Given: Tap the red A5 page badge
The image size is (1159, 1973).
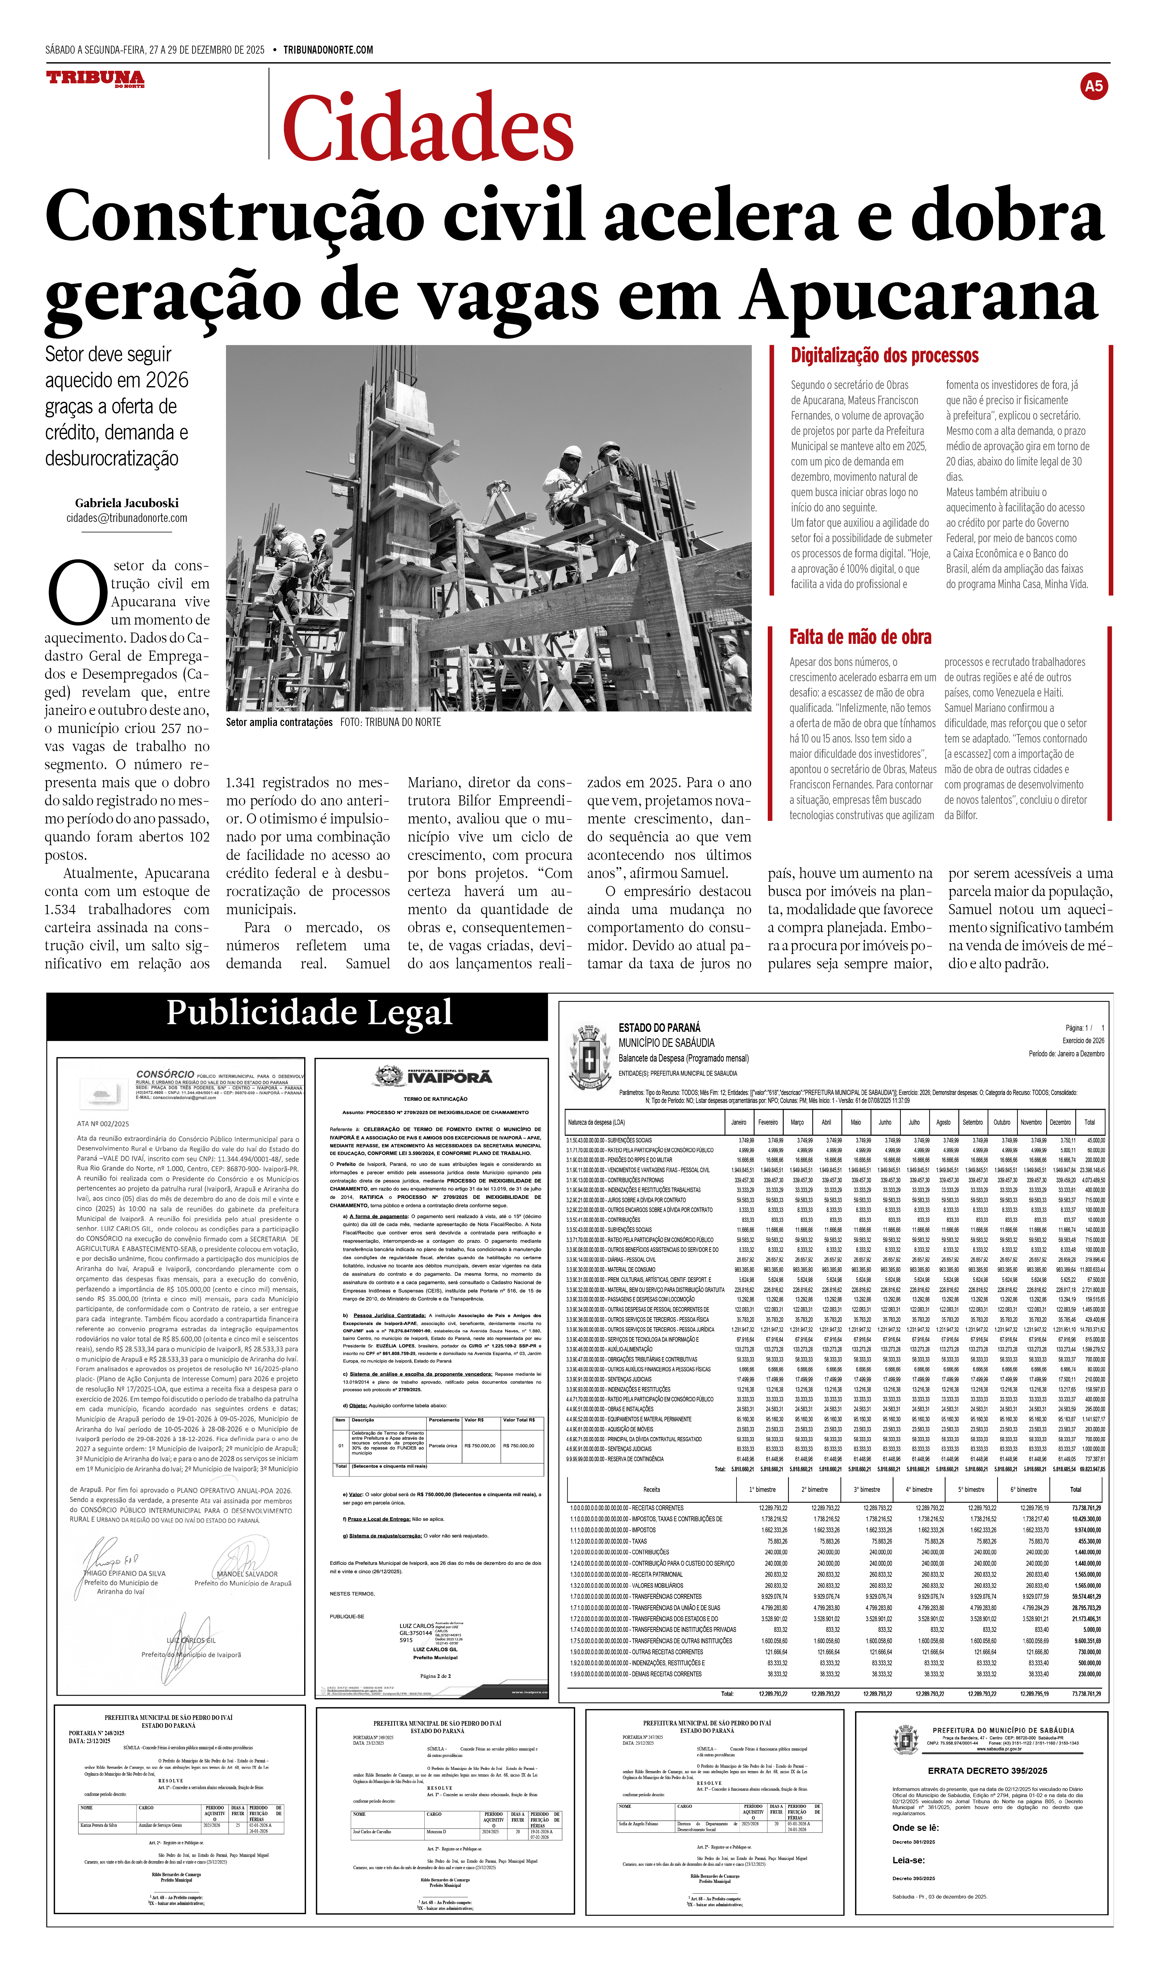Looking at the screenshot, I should click(1093, 86).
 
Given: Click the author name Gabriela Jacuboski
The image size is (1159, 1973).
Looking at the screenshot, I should click(127, 503).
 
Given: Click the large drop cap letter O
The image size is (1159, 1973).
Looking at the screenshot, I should click(77, 591).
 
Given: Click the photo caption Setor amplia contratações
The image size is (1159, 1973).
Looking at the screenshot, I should click(279, 722).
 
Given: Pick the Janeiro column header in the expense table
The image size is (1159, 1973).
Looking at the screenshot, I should click(738, 1122).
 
